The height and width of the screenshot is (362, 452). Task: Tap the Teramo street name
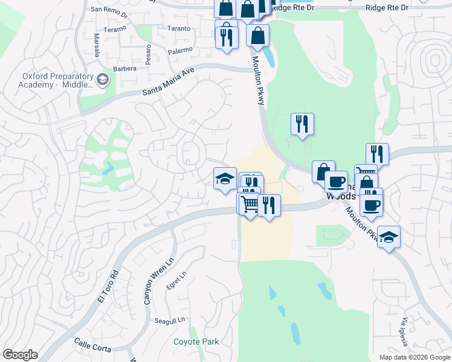click(115, 28)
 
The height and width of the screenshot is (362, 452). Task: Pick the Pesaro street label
click(131, 53)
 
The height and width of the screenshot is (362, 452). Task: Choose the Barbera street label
click(125, 68)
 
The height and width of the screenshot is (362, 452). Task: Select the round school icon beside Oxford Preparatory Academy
click(103, 79)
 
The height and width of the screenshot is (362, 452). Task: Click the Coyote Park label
click(196, 342)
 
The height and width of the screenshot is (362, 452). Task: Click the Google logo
click(21, 355)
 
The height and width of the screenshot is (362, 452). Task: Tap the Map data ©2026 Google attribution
click(413, 357)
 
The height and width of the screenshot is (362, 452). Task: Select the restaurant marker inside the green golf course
click(302, 125)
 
